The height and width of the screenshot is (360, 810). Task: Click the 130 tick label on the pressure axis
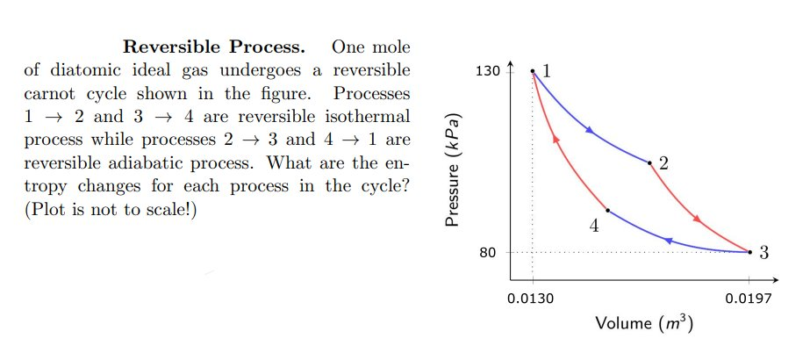pyautogui.click(x=488, y=70)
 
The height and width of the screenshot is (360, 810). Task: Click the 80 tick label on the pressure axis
pyautogui.click(x=488, y=252)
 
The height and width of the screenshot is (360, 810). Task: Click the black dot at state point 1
pyautogui.click(x=533, y=70)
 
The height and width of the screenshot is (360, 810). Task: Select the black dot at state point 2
pyautogui.click(x=649, y=163)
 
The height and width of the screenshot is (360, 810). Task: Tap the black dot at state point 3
pyautogui.click(x=750, y=252)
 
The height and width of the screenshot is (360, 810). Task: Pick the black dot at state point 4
pyautogui.click(x=608, y=211)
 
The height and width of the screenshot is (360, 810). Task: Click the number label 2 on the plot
pyautogui.click(x=663, y=163)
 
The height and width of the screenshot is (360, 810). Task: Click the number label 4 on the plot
pyautogui.click(x=594, y=226)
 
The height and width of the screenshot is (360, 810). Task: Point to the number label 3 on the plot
pyautogui.click(x=763, y=253)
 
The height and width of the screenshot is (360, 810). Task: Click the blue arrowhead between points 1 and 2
pyautogui.click(x=590, y=131)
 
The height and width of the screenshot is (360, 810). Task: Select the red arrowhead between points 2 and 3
pyautogui.click(x=699, y=219)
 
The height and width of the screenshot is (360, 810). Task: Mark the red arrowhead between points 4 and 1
pyautogui.click(x=555, y=138)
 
